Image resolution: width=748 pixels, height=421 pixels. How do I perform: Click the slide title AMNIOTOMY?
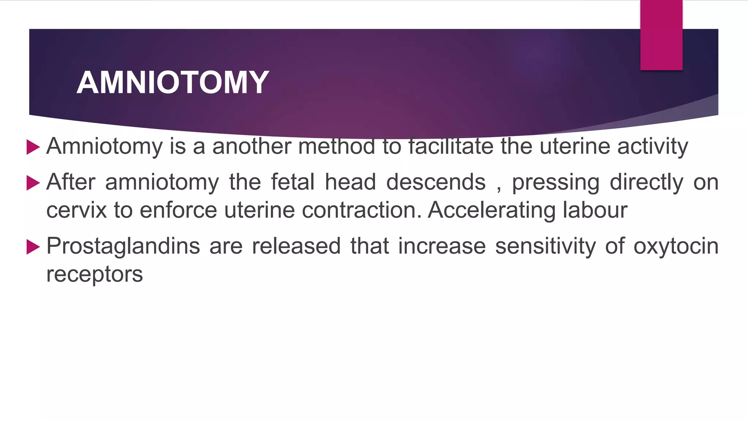pos(173,83)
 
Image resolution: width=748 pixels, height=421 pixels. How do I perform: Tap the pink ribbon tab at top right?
pos(661,35)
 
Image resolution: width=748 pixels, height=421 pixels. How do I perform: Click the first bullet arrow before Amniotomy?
pos(33,147)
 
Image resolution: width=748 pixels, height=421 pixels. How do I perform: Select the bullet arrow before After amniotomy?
pos(33,183)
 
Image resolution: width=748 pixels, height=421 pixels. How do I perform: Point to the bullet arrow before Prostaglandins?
pos(33,247)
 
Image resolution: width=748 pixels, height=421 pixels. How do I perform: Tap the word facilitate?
pos(451,146)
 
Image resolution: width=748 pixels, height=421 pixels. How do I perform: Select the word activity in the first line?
pos(653,147)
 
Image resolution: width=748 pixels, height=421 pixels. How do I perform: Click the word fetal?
pos(293,182)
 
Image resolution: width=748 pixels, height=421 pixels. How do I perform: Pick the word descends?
pos(436,182)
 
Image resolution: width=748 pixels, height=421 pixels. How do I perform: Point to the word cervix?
pos(77,210)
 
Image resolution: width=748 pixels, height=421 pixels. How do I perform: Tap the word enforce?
pos(178,210)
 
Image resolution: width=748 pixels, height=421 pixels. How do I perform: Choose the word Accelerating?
pos(491,210)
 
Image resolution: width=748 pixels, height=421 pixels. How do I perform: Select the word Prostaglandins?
pos(123,246)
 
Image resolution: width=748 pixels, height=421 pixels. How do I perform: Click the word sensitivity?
pos(545,246)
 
